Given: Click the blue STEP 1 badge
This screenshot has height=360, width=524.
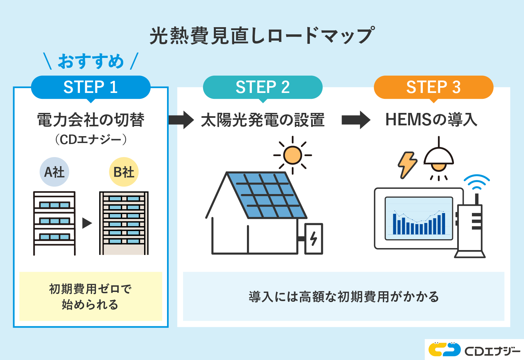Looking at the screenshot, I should click(x=91, y=87).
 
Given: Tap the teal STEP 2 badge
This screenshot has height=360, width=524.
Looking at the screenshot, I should click(x=263, y=87).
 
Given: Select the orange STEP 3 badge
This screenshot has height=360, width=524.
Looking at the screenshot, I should click(x=433, y=87).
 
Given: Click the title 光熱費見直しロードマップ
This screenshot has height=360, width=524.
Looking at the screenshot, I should click(x=262, y=35).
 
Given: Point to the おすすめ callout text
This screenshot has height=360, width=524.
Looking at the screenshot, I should click(x=91, y=61).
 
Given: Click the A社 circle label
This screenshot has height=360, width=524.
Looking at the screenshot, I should click(x=54, y=172).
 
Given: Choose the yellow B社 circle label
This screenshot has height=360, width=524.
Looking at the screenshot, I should click(x=124, y=172).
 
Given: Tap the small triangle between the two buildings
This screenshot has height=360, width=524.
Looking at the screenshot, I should click(x=87, y=223).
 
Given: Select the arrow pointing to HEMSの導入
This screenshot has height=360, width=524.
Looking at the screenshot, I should click(x=356, y=120).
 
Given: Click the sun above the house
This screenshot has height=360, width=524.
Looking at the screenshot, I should click(x=292, y=155).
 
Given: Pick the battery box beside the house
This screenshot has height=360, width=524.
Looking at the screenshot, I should click(x=313, y=239).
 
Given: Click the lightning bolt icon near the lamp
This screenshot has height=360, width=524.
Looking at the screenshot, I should click(x=407, y=165).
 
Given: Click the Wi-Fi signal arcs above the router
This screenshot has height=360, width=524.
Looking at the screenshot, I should click(x=477, y=182).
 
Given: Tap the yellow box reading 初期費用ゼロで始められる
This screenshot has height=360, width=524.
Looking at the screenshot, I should click(x=91, y=297).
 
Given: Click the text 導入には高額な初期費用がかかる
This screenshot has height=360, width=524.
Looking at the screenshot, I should click(x=344, y=297).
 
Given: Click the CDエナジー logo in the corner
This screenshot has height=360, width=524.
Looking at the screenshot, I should click(x=475, y=350).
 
